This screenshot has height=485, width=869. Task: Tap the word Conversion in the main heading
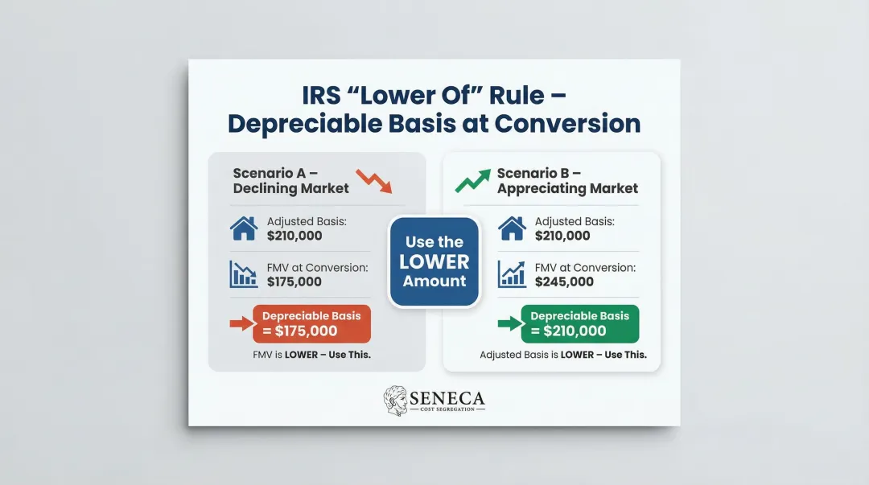tap(567, 124)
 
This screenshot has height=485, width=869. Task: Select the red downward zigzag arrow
tap(374, 182)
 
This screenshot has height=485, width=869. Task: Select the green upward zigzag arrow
tap(472, 181)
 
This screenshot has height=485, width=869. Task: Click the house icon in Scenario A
tap(244, 228)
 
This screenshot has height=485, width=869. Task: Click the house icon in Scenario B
tap(512, 228)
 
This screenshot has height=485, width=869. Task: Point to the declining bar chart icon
tap(244, 273)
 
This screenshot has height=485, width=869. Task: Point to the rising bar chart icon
tap(512, 273)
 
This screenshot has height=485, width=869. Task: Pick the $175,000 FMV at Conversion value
tap(294, 282)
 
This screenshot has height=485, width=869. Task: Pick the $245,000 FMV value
tap(564, 282)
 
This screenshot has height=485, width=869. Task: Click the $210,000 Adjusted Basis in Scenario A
tap(294, 236)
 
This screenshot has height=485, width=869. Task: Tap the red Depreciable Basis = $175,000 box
tap(311, 323)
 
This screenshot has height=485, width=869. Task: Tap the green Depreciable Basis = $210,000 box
tap(579, 323)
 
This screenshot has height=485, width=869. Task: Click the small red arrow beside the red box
tap(241, 324)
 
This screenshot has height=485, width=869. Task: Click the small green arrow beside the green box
tap(509, 324)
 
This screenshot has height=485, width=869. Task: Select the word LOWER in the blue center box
tap(434, 261)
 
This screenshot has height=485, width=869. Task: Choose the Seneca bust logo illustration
tap(395, 400)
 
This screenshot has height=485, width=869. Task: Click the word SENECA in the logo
tap(447, 397)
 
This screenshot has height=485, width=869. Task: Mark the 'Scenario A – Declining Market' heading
tap(290, 181)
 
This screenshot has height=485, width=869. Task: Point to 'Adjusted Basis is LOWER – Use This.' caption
tap(563, 355)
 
